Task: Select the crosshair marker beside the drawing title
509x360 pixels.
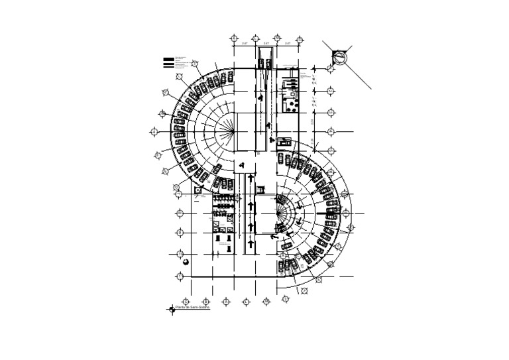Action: click(x=172, y=309)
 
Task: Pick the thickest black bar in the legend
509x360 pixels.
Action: click(x=169, y=66)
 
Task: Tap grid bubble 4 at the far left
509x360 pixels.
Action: click(x=154, y=133)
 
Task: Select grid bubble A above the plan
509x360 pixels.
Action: click(x=234, y=40)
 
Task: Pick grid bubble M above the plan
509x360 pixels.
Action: click(x=299, y=40)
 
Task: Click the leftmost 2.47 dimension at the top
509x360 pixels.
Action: click(x=245, y=43)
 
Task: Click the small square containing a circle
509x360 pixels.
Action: click(x=198, y=190)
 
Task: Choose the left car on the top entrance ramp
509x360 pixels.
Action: click(x=260, y=64)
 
